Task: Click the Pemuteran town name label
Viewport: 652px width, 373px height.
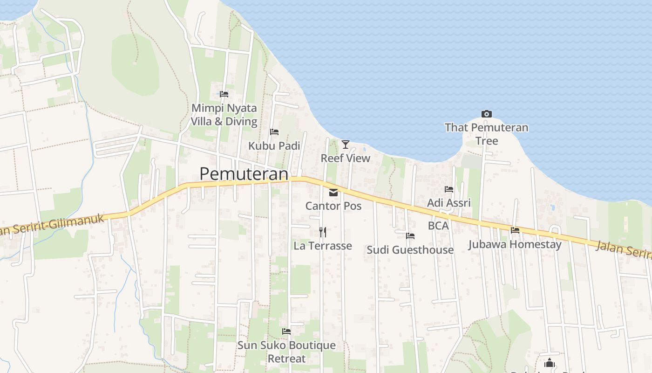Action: [x=244, y=174]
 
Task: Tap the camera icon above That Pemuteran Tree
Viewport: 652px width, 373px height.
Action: [x=487, y=114]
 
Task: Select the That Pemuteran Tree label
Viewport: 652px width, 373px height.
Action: [x=487, y=134]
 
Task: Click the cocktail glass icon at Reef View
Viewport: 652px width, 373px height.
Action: [x=345, y=144]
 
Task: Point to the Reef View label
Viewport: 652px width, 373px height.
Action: [x=346, y=158]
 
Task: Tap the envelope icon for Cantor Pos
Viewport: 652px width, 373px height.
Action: [x=333, y=193]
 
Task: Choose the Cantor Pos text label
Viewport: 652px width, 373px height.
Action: [x=333, y=206]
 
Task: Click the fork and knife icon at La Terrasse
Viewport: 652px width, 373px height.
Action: [x=322, y=232]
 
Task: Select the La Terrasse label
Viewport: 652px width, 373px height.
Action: [x=323, y=246]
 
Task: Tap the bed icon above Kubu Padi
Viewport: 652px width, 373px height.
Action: [x=274, y=132]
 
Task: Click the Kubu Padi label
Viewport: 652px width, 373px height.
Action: [x=274, y=146]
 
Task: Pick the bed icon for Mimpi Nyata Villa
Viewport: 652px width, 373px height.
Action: [x=224, y=94]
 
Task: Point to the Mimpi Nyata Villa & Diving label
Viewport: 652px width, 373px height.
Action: [x=224, y=115]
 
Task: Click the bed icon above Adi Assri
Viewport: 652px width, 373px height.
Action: [x=449, y=189]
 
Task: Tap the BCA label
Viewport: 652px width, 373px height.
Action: [x=438, y=226]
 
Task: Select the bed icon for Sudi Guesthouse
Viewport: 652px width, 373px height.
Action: [x=410, y=236]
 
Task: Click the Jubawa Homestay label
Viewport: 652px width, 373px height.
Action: [x=515, y=244]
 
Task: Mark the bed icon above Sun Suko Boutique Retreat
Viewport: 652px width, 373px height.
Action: [x=286, y=332]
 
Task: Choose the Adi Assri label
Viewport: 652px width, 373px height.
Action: [x=449, y=203]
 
